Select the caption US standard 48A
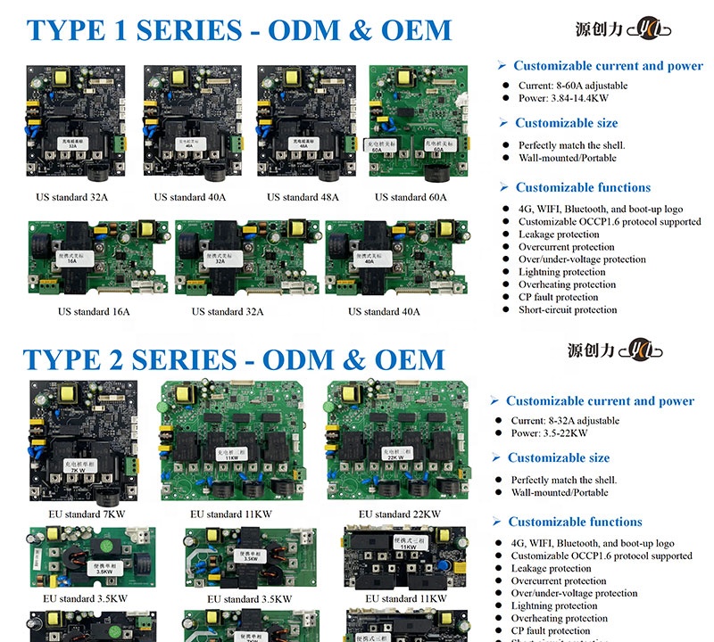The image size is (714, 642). pyautogui.click(x=303, y=197)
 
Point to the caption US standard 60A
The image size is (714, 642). pyautogui.click(x=411, y=197)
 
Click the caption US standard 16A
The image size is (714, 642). pyautogui.click(x=94, y=312)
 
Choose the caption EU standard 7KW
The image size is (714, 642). pyautogui.click(x=87, y=514)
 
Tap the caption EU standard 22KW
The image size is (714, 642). pyautogui.click(x=399, y=514)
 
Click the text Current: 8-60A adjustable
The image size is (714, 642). pyautogui.click(x=572, y=86)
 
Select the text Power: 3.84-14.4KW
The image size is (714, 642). pyautogui.click(x=563, y=99)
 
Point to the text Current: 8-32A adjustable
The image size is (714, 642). pyautogui.click(x=565, y=421)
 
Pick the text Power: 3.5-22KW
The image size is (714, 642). pyautogui.click(x=549, y=433)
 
